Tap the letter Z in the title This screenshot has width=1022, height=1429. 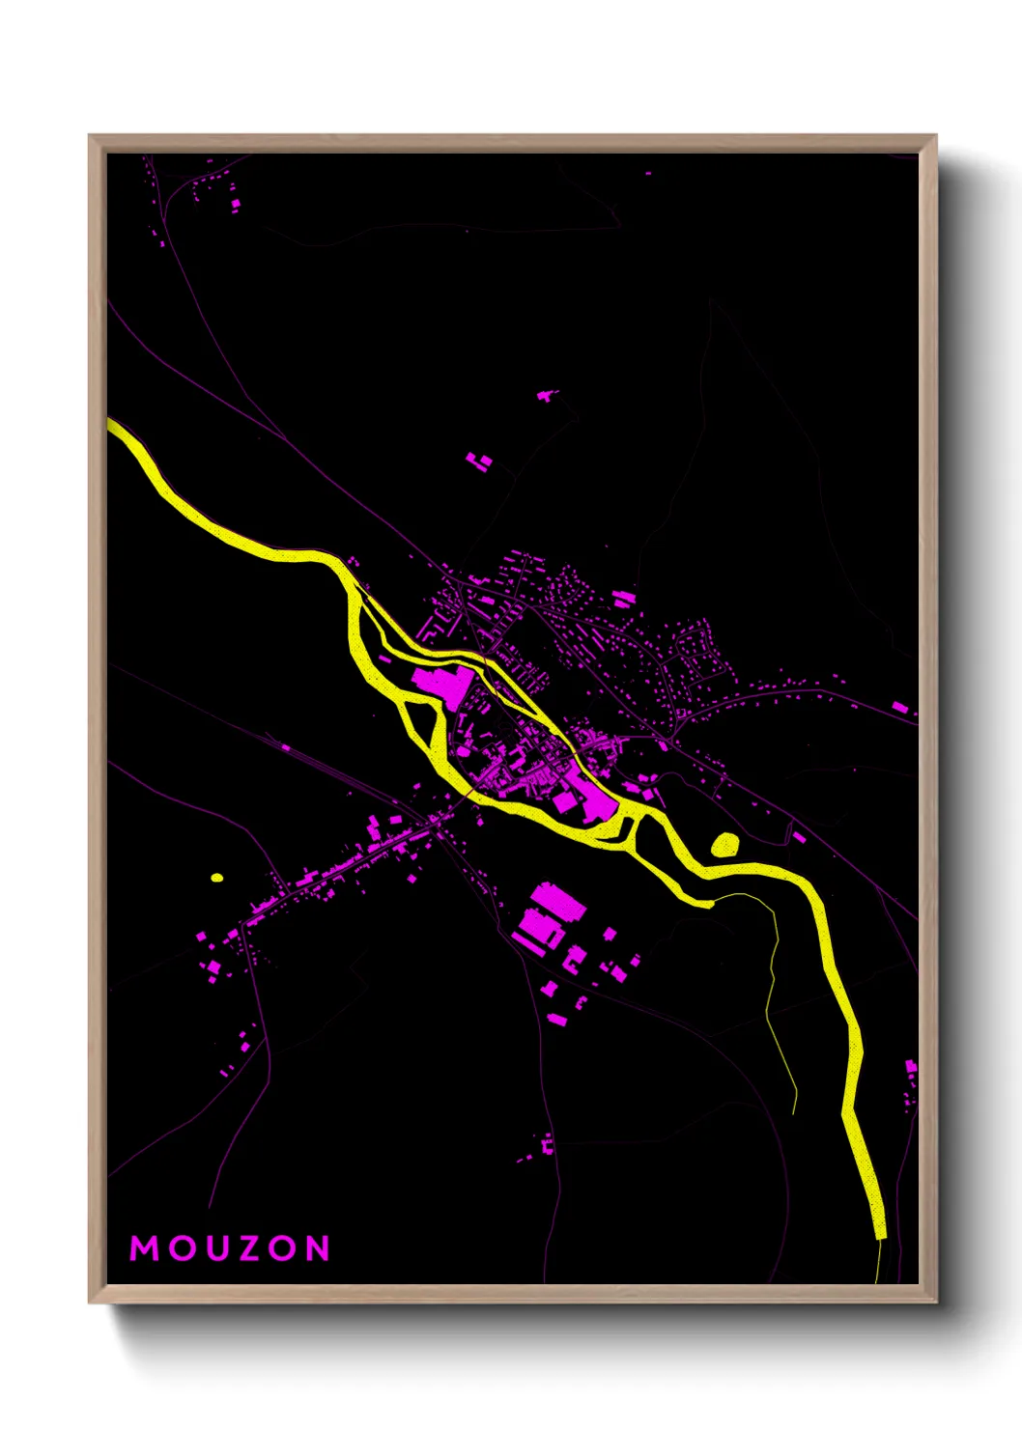tap(250, 1248)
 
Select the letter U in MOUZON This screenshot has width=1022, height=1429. tap(215, 1248)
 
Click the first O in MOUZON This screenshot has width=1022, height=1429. tap(180, 1248)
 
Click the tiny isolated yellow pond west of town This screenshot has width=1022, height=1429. tap(216, 878)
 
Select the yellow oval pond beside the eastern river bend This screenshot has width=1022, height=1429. tap(724, 845)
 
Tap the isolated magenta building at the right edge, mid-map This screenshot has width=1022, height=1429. tap(899, 708)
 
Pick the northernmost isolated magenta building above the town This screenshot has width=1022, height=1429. tap(547, 395)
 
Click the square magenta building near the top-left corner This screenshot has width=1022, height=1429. tap(235, 203)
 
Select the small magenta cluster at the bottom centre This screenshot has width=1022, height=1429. tap(547, 1146)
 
